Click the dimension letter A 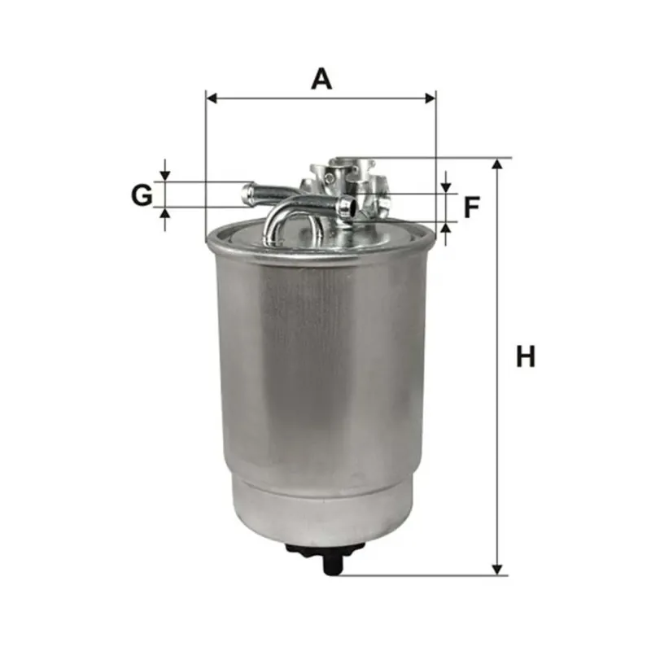pos(321,79)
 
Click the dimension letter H pos(525,356)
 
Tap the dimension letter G pos(142,195)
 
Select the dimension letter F pos(472,208)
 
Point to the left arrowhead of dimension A pos(212,98)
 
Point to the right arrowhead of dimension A pos(430,98)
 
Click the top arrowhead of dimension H pos(497,164)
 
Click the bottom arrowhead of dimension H pos(497,570)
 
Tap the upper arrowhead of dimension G pos(165,176)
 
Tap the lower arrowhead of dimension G pos(165,212)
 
